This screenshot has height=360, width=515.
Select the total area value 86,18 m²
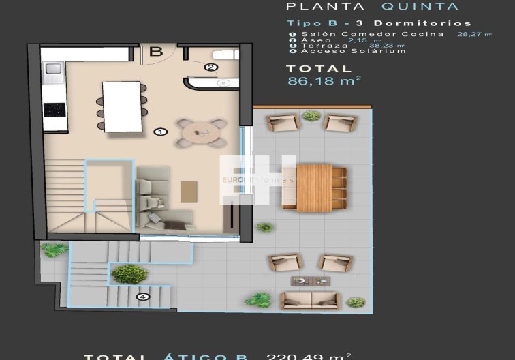[x=324, y=80]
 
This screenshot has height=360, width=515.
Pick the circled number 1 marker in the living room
[x=161, y=132]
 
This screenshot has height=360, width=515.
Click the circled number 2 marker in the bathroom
[x=210, y=67]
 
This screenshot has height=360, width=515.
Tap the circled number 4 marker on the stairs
[x=142, y=297]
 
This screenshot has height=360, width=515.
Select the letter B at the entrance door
[x=156, y=50]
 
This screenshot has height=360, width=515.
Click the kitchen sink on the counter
[x=53, y=69]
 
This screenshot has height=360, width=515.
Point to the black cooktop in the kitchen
[x=54, y=109]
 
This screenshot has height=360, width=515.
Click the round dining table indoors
[x=202, y=132]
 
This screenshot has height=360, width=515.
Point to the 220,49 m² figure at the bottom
[x=309, y=355]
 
